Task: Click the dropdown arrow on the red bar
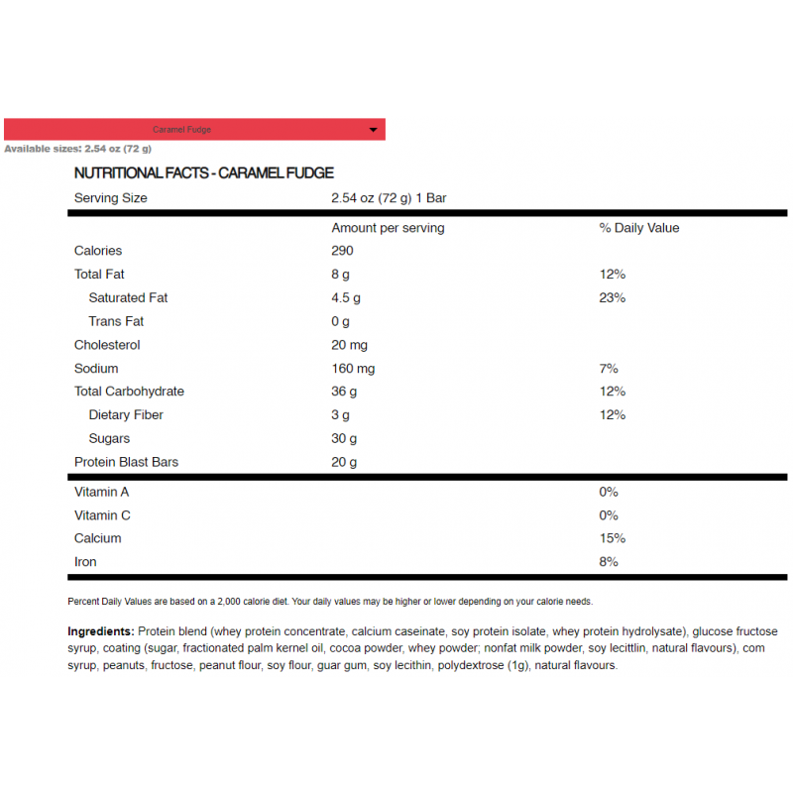click(x=373, y=130)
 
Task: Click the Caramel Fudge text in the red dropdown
click(x=181, y=130)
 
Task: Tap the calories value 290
click(x=342, y=251)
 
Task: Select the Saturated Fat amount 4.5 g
click(x=346, y=297)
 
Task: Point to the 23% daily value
click(x=612, y=297)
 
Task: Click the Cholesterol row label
click(x=107, y=345)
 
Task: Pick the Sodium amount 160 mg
click(x=353, y=369)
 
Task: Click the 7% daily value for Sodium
click(x=609, y=369)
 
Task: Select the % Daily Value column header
click(x=639, y=228)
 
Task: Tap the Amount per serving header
click(x=388, y=228)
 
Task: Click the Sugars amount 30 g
click(x=344, y=438)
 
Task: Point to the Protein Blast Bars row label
click(x=126, y=462)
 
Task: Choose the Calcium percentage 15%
click(x=612, y=538)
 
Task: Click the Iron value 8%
click(x=609, y=562)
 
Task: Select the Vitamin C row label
click(x=102, y=515)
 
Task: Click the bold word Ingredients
click(x=100, y=631)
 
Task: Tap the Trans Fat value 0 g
click(x=340, y=321)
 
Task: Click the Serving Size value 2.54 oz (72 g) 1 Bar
click(x=389, y=198)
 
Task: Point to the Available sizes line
click(x=77, y=149)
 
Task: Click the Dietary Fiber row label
click(x=126, y=415)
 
